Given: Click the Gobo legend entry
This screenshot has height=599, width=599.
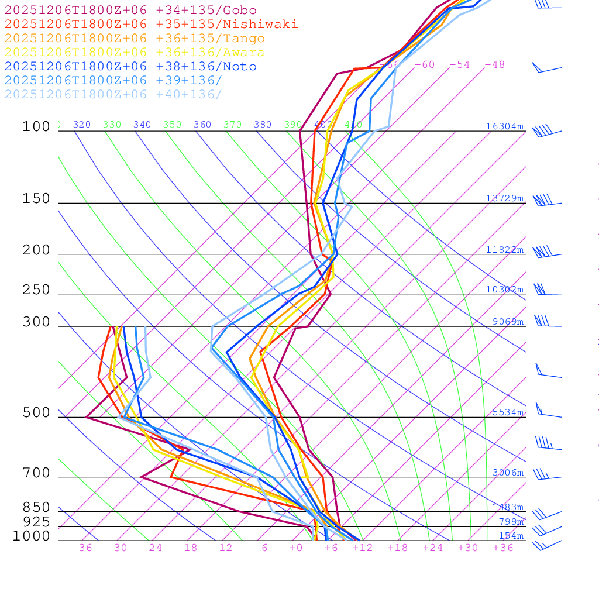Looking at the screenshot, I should click(130, 10).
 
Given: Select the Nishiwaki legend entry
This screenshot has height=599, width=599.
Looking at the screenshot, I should click(151, 24).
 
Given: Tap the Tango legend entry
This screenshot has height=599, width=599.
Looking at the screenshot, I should click(135, 39).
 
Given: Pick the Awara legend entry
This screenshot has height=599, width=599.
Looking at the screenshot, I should click(135, 53).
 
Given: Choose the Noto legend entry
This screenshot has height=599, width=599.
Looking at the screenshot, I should click(130, 67).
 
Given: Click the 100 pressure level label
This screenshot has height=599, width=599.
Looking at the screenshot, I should click(36, 127).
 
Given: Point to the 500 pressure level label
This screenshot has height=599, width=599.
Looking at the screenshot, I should click(36, 413).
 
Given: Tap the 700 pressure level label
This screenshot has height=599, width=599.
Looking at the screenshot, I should click(36, 473).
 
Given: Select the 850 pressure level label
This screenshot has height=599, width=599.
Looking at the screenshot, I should click(36, 508).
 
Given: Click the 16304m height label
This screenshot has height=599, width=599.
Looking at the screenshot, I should click(504, 126).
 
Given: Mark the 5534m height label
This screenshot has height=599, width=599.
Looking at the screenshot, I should click(507, 412).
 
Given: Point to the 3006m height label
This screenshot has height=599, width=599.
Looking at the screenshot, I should click(507, 473).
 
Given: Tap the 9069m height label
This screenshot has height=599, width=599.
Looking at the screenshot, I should click(507, 322).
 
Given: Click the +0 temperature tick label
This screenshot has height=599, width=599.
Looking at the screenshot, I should click(296, 548).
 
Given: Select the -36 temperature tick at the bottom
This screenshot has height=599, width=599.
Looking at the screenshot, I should click(81, 548).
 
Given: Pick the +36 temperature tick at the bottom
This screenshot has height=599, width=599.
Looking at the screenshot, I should click(503, 548).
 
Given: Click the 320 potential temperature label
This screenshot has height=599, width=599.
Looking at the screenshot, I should click(82, 125).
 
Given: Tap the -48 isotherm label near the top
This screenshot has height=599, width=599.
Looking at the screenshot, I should click(494, 65).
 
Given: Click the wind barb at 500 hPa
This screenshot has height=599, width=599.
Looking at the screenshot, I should click(544, 412).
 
